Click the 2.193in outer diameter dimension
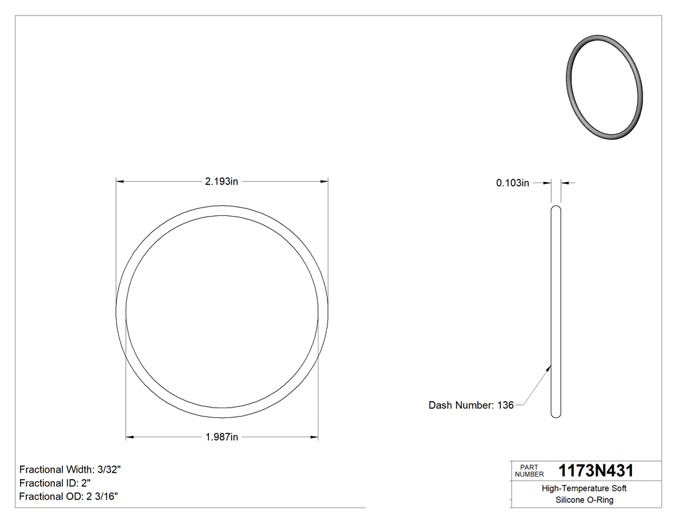coord(222,182)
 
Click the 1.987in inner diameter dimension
coord(222,437)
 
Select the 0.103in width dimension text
coord(513,183)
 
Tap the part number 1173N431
coord(596,471)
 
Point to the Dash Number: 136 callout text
coord(471,405)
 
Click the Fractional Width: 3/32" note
coord(70,469)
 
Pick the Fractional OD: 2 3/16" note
coord(68,497)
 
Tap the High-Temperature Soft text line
coord(584,489)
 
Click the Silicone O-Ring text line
coord(584,500)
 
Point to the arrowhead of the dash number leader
coord(549,368)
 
